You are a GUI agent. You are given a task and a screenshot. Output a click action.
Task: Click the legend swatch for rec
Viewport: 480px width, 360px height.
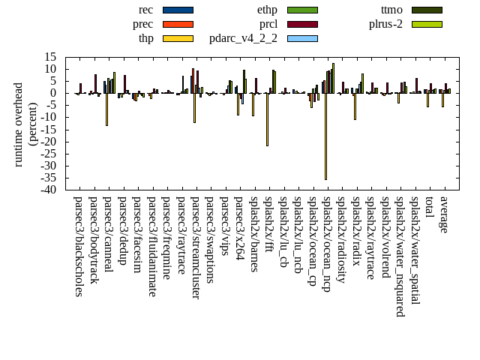coord(178,10)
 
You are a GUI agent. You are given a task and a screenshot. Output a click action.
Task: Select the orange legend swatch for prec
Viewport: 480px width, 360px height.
coord(178,24)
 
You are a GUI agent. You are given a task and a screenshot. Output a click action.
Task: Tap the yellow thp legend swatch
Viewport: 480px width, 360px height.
coord(178,38)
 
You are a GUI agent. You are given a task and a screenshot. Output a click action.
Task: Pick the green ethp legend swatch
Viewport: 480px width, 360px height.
coord(302,10)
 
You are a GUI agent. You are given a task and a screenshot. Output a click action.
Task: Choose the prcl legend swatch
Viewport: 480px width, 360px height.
coord(302,24)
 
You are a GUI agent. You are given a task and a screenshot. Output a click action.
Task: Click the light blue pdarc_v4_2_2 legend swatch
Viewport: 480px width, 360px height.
coord(302,38)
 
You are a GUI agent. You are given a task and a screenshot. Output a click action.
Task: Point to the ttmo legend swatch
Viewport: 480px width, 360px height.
coord(427,10)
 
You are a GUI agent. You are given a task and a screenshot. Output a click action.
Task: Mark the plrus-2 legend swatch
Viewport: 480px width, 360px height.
coord(427,24)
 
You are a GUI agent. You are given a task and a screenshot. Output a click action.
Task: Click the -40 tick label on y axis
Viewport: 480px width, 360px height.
coord(50,190)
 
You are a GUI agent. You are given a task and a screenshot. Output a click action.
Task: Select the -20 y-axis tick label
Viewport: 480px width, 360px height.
coord(50,142)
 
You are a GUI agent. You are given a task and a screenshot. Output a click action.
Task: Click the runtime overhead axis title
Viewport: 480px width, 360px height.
coord(25,123)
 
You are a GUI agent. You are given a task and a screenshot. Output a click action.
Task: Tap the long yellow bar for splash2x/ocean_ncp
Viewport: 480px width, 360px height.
coord(325,136)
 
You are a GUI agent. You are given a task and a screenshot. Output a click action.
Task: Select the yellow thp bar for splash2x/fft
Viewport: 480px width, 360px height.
coord(267,119)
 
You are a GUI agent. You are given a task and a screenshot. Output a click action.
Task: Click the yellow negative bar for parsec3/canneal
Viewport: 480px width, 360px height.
coord(106,109)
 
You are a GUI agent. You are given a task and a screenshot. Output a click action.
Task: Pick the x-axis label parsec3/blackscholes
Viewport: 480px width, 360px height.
coord(79,246)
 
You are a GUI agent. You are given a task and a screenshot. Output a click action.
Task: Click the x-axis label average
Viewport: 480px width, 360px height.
coord(444,214)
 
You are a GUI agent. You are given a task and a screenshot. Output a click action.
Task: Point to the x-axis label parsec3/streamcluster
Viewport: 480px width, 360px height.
coord(196,247)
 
